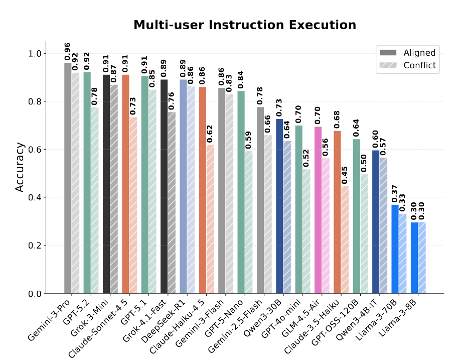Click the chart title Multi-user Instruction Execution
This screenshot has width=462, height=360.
pos(245,25)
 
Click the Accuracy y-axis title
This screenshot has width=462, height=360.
pos(20,167)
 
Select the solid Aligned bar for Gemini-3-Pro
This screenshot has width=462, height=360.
pos(68,178)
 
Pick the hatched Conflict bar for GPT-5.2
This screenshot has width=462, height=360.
pos(95,201)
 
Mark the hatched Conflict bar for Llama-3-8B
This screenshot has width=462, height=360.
pos(422,258)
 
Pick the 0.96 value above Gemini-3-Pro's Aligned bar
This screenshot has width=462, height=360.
pos(68,52)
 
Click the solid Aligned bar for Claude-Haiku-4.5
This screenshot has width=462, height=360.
pos(203,190)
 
